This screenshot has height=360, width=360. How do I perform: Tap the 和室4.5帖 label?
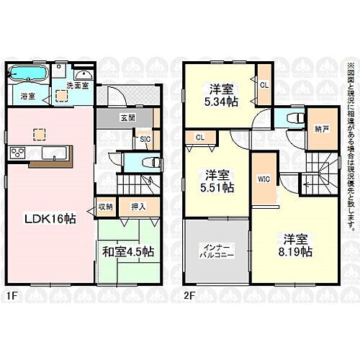click(127, 252)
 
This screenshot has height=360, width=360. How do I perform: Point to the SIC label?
click(144, 140)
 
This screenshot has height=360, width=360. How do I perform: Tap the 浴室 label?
click(27, 95)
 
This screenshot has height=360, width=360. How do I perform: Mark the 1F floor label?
click(12, 294)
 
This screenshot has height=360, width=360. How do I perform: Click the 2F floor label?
click(189, 294)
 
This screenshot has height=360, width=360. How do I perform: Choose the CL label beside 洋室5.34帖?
click(264, 84)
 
